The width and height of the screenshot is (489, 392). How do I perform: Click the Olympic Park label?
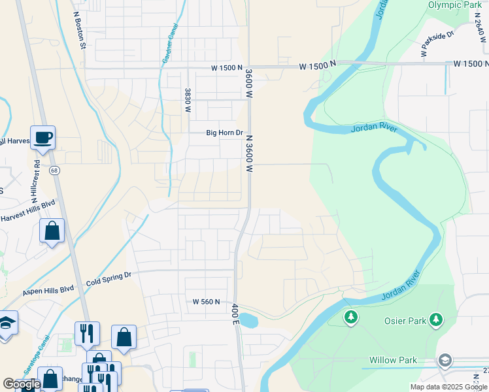[x=454, y=5]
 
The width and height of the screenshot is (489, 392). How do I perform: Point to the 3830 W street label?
[x=188, y=100]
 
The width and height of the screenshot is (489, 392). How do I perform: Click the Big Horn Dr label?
[x=224, y=133]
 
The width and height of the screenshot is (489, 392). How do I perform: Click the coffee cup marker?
[x=43, y=138]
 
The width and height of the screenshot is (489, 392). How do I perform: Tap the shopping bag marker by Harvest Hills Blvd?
[x=52, y=231]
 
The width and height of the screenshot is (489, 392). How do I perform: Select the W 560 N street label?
[x=206, y=302]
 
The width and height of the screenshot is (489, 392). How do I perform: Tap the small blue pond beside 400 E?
[x=248, y=320]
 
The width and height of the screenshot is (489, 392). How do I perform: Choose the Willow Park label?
[x=392, y=360]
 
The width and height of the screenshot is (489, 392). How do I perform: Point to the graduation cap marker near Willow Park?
[x=445, y=360]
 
